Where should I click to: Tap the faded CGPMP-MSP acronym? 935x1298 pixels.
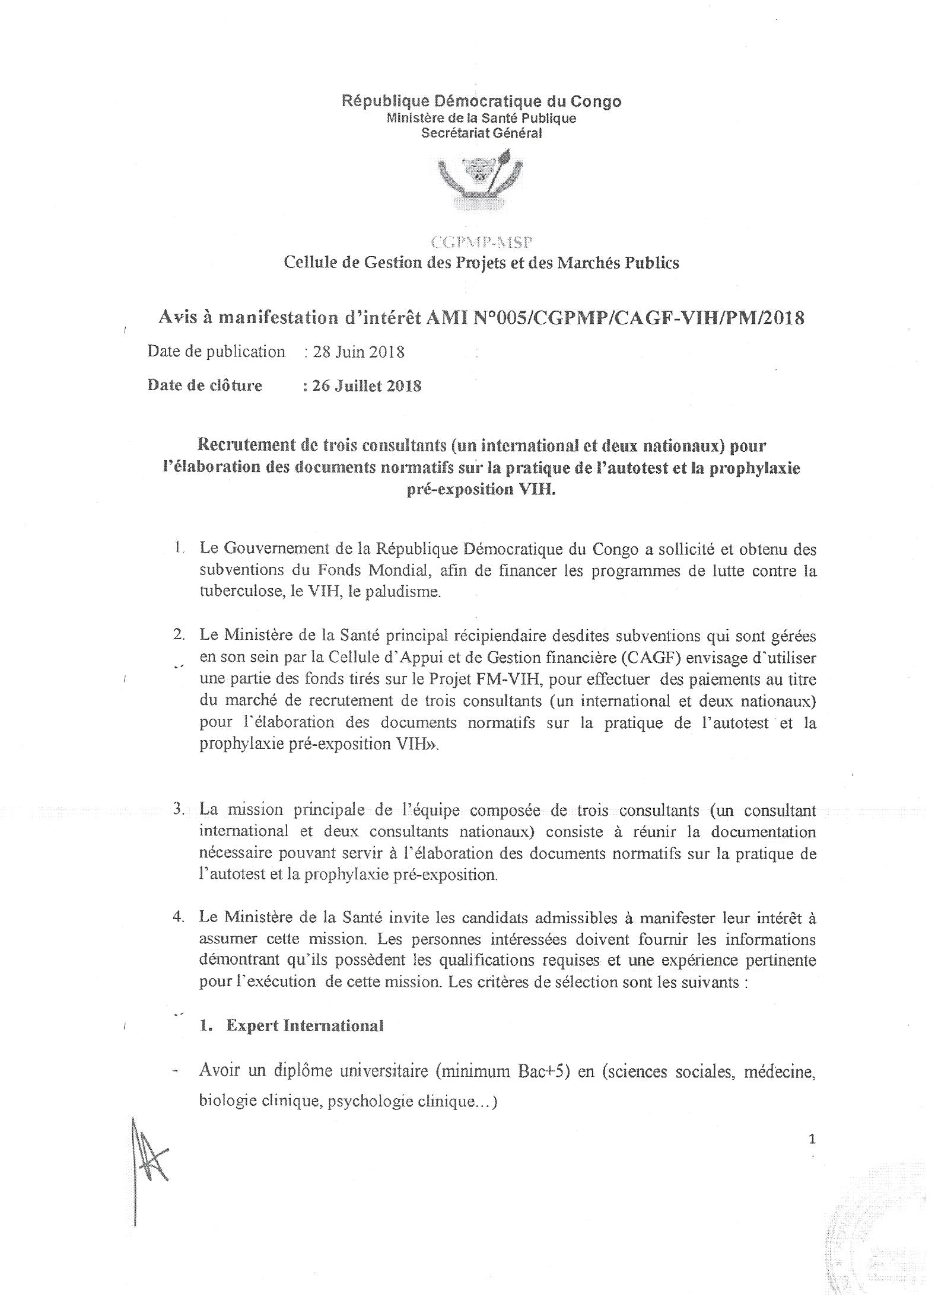click(x=481, y=242)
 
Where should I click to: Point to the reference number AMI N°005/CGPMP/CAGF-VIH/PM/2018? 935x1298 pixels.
click(x=615, y=318)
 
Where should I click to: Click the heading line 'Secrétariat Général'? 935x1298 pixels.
click(x=481, y=133)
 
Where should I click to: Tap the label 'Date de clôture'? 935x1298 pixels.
click(x=205, y=386)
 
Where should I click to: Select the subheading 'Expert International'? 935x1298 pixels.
click(x=304, y=1025)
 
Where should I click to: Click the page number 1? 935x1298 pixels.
click(x=812, y=1138)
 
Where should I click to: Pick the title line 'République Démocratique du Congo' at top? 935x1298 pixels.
click(x=481, y=101)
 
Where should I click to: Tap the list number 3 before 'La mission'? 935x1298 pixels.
click(x=178, y=809)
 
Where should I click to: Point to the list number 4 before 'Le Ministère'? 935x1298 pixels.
click(x=178, y=917)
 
